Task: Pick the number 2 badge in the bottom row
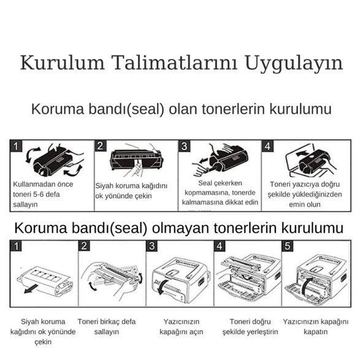(x=86, y=246)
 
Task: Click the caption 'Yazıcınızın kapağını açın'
(x=181, y=326)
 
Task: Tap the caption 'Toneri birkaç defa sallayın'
(x=107, y=326)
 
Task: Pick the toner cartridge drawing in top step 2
(x=136, y=159)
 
